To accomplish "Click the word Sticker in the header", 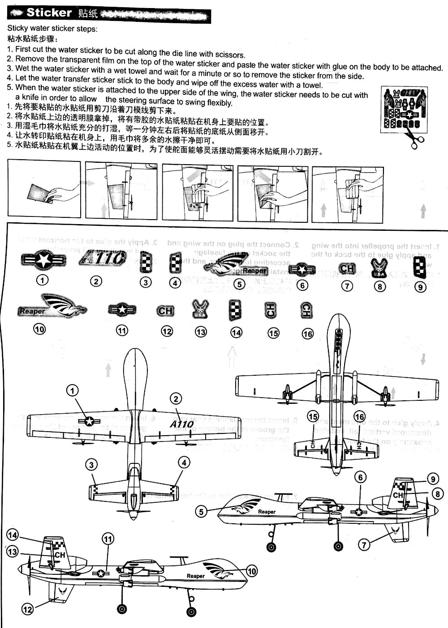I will (x=49, y=13).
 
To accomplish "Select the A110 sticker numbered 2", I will (x=103, y=258).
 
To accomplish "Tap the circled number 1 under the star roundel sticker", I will (x=42, y=280).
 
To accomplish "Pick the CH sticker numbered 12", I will (x=165, y=311).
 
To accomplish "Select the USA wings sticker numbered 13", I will (x=200, y=309).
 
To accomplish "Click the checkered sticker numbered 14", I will (x=235, y=310).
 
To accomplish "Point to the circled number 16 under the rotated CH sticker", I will (x=307, y=334).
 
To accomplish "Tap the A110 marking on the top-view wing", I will (x=182, y=424).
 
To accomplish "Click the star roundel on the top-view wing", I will (x=90, y=421).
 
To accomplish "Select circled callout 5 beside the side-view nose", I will (x=201, y=511).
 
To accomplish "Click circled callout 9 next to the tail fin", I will (x=433, y=479).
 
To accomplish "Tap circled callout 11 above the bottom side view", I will (x=108, y=539).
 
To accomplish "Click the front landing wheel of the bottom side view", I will (x=191, y=612).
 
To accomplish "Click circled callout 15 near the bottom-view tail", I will (x=313, y=417).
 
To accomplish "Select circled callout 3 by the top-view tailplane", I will (x=91, y=465).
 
